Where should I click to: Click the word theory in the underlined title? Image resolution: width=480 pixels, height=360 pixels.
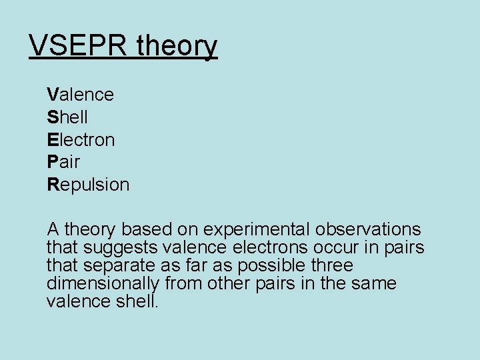click(x=177, y=47)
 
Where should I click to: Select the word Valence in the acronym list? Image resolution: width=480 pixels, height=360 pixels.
click(x=81, y=95)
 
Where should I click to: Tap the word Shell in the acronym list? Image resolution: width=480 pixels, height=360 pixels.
click(x=67, y=117)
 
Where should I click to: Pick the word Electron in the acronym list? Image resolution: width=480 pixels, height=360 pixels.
click(x=81, y=140)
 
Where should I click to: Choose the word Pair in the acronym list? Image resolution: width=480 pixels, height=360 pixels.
click(x=64, y=162)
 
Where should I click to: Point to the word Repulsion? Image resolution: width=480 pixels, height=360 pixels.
click(x=88, y=185)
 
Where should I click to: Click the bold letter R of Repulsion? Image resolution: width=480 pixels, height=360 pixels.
click(x=53, y=185)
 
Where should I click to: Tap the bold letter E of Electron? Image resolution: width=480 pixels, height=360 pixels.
click(x=53, y=140)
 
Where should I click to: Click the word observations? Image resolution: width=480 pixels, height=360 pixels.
click(x=369, y=230)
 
